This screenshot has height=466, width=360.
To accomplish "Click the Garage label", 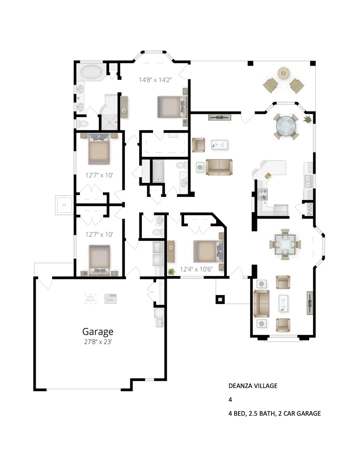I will (97, 332).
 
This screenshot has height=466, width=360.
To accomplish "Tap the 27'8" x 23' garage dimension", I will (97, 342).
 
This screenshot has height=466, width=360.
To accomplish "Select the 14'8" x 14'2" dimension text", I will (155, 80).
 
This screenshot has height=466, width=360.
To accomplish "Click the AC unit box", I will (64, 204).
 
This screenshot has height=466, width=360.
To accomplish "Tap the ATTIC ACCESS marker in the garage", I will (90, 298).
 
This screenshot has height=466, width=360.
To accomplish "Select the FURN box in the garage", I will (111, 299).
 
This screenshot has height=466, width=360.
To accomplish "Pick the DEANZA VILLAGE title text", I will (252, 386).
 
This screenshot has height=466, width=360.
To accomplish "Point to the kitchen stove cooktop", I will (262, 193).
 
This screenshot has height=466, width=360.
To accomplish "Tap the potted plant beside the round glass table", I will (307, 119).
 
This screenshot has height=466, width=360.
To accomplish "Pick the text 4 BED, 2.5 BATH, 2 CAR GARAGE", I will (275, 414).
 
